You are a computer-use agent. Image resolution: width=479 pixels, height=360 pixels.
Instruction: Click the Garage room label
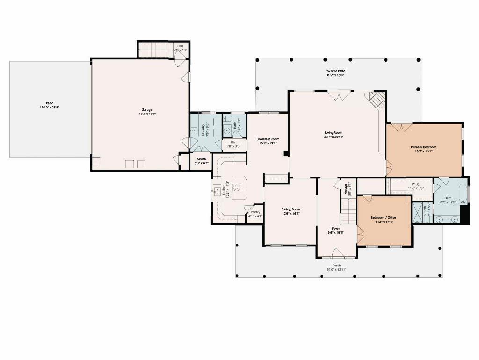click(x=147, y=110)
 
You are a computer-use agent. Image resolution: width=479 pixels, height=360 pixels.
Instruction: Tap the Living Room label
click(x=334, y=133)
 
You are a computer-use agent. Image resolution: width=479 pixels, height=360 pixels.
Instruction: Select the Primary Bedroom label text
click(x=423, y=147)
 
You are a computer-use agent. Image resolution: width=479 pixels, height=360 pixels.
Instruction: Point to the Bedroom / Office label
click(x=383, y=217)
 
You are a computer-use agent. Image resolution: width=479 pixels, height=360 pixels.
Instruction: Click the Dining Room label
click(x=290, y=209)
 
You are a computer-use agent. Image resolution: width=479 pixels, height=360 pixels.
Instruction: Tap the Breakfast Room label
click(x=268, y=139)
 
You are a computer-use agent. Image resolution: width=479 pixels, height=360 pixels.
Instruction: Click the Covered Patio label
click(x=335, y=71)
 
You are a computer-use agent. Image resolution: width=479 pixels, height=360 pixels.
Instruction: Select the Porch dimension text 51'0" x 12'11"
click(x=336, y=270)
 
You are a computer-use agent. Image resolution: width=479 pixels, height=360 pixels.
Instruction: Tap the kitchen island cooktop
click(x=237, y=187)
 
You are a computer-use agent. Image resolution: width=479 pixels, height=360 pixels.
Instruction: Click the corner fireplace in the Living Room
click(x=377, y=99)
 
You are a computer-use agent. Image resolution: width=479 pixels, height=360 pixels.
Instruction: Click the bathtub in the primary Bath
click(x=463, y=194)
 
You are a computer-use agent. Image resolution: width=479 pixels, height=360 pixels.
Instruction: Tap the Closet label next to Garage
click(x=202, y=159)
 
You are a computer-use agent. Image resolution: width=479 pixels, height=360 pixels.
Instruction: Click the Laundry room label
click(x=204, y=129)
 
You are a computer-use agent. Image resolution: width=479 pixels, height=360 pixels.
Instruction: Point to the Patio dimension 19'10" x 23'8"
click(x=50, y=108)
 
